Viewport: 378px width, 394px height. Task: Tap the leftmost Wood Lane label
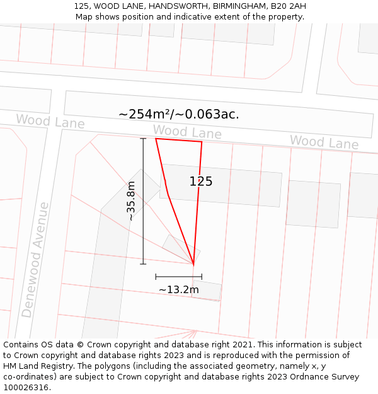tap(50, 121)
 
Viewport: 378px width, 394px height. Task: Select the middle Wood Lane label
tap(187, 132)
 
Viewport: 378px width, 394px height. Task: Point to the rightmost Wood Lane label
tap(324, 142)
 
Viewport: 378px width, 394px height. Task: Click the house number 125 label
tap(201, 182)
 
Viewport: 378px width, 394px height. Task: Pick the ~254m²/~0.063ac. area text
tap(178, 114)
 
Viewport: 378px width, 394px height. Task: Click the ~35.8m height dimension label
tap(131, 200)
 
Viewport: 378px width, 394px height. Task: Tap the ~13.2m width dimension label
tap(178, 289)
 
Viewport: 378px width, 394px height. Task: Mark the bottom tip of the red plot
tap(193, 264)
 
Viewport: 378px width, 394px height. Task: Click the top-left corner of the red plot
tap(156, 139)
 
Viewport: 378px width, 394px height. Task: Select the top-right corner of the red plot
tap(202, 142)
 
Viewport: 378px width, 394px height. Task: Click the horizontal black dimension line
tap(178, 276)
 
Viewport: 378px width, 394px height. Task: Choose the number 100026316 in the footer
tap(26, 388)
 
